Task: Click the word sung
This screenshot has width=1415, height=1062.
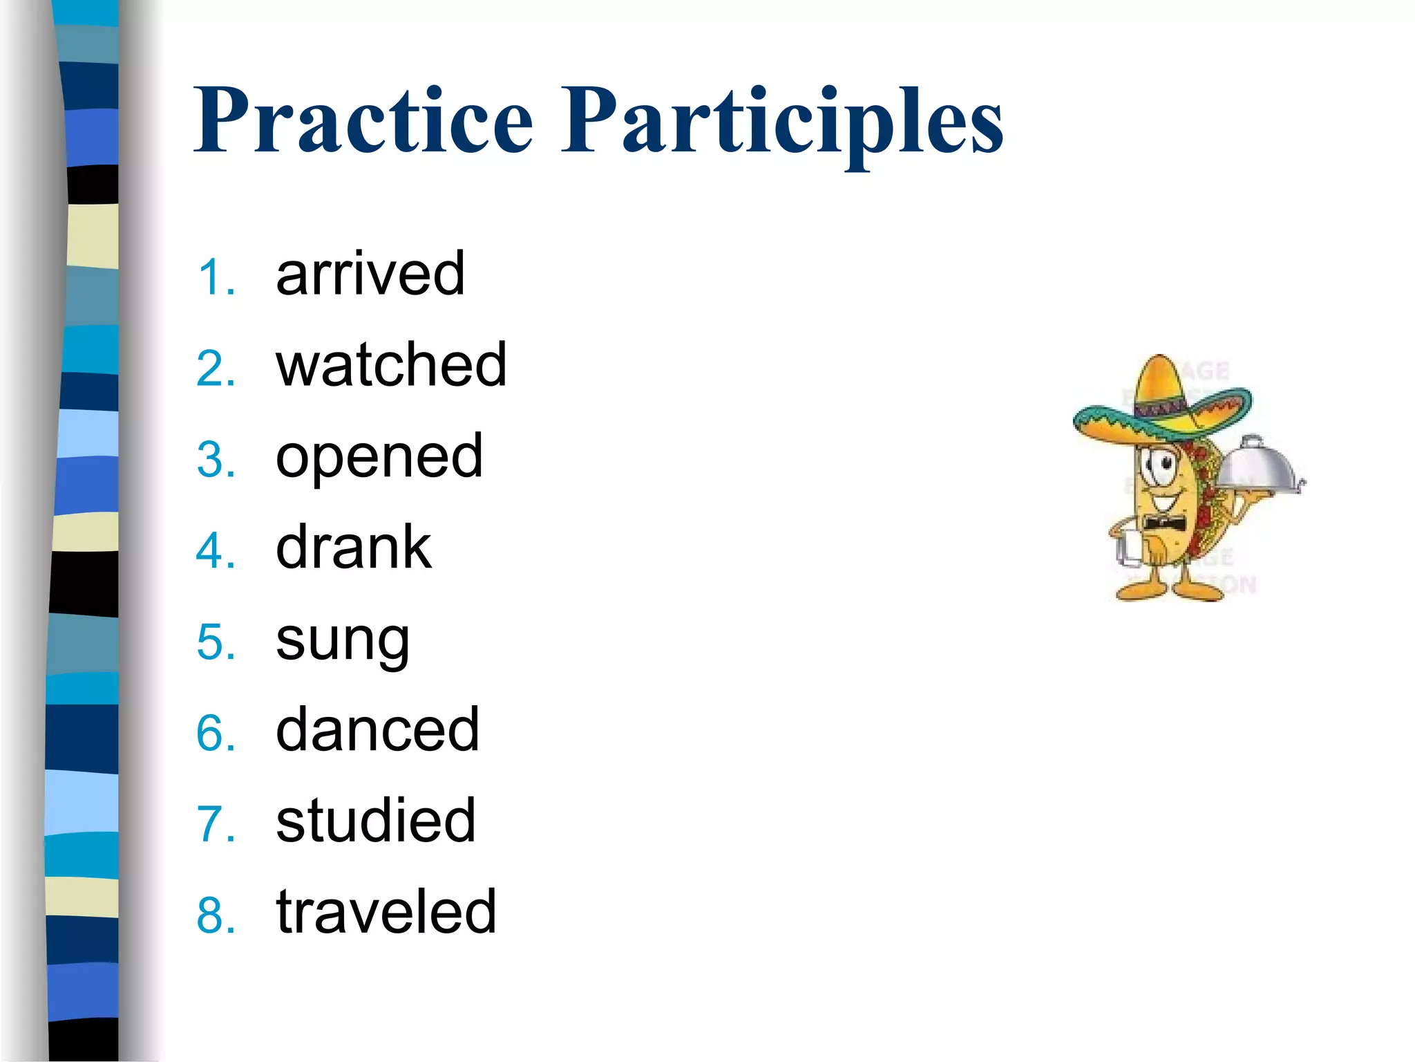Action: click(343, 640)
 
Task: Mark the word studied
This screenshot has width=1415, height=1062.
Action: click(375, 821)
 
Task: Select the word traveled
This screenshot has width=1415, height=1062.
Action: click(386, 912)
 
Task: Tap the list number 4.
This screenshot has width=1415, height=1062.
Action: click(215, 552)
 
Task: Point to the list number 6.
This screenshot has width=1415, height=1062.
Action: click(215, 734)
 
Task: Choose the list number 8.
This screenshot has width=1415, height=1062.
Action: click(215, 916)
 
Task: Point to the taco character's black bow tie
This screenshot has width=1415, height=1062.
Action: click(1164, 521)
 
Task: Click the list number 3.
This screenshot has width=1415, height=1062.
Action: click(215, 460)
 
